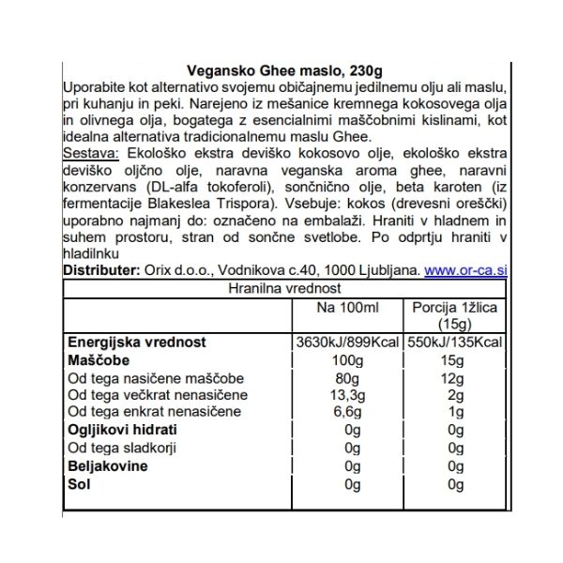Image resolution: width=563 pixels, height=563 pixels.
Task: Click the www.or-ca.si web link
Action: [465, 270]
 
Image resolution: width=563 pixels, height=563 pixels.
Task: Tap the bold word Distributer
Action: [102, 270]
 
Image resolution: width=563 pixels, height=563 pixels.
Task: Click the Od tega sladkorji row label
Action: [117, 447]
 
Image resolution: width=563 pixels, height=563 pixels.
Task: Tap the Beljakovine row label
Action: [104, 464]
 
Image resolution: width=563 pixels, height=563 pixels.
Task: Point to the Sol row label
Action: [77, 482]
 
